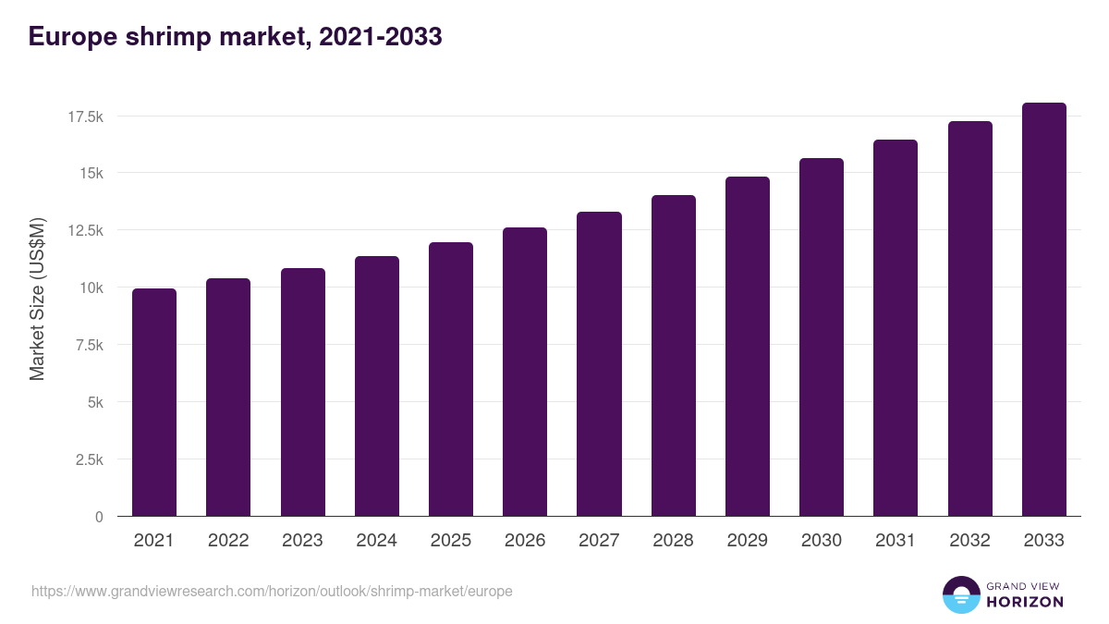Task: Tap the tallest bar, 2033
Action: (1043, 310)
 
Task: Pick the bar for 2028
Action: (673, 356)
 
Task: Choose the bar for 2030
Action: (822, 337)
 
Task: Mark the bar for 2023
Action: (303, 392)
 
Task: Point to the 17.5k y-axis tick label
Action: (84, 116)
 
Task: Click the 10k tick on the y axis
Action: (91, 288)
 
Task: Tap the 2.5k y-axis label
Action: (88, 460)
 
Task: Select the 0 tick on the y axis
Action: (99, 518)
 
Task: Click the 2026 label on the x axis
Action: (525, 541)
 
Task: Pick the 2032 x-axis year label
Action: (969, 541)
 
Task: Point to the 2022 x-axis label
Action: (228, 541)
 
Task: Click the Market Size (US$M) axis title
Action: (37, 298)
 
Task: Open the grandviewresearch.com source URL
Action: (272, 591)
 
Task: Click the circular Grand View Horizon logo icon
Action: (960, 595)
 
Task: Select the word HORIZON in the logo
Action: (1024, 602)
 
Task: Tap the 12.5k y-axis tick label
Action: (84, 231)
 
